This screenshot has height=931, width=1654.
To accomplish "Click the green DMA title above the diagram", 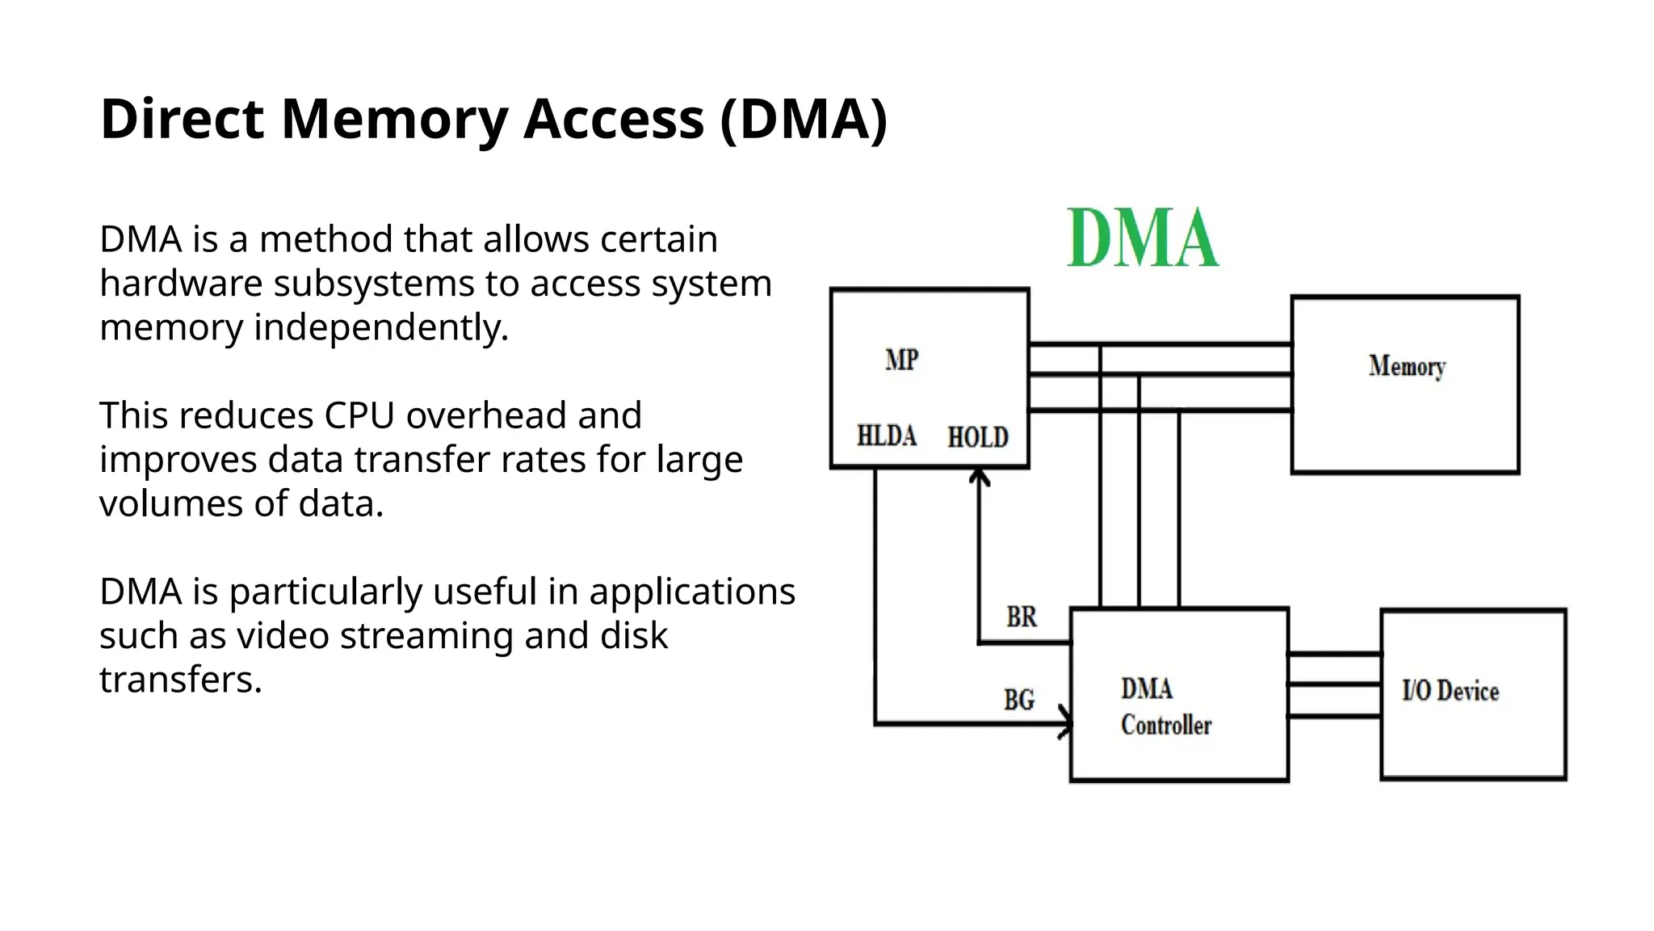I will tap(1142, 238).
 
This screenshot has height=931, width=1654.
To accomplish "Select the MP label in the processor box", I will tap(901, 360).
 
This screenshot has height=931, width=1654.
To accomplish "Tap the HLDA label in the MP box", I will tap(886, 436).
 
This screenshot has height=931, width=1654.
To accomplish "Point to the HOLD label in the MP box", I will tap(977, 437).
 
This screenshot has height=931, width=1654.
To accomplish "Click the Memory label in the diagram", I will tap(1406, 367).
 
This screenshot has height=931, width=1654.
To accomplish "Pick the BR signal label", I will tap(1021, 617).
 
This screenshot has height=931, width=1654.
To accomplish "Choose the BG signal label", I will tap(1018, 700).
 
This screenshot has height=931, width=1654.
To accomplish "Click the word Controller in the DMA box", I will tap(1165, 725).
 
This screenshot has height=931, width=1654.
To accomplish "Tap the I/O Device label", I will tap(1450, 691).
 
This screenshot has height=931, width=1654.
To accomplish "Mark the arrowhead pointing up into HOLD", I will tap(979, 477).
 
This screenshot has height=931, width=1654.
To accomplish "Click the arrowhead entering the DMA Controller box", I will tap(1065, 722).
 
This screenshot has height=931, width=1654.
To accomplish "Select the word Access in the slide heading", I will tap(614, 120).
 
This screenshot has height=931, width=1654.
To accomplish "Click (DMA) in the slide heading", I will tap(804, 120).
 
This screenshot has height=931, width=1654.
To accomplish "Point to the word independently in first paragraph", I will tap(381, 328).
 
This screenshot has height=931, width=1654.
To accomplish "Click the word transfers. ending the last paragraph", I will tap(181, 680).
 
